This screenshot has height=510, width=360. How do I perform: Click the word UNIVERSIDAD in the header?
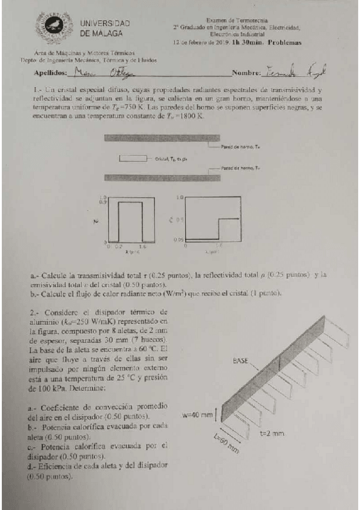tap(105, 23)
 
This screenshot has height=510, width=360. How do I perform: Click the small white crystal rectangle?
tap(132, 158)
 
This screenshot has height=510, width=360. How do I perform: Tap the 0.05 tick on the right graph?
tap(177, 239)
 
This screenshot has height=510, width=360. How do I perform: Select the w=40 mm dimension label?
tap(198, 415)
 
